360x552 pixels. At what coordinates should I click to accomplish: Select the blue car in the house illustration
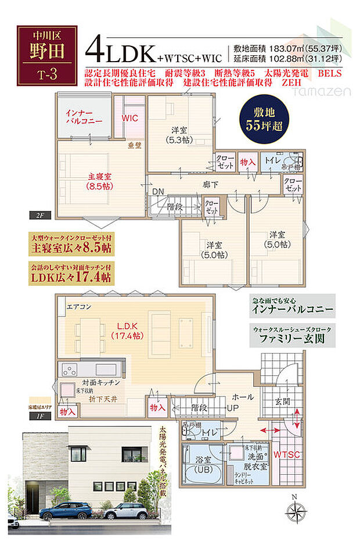(65, 511)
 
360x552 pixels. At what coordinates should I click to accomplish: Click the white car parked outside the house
(125, 511)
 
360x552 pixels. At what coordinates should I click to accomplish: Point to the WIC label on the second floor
(129, 118)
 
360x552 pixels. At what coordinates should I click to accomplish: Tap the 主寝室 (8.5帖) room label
(100, 181)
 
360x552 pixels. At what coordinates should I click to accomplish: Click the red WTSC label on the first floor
(287, 454)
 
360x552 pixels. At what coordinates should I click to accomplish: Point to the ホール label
(242, 397)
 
